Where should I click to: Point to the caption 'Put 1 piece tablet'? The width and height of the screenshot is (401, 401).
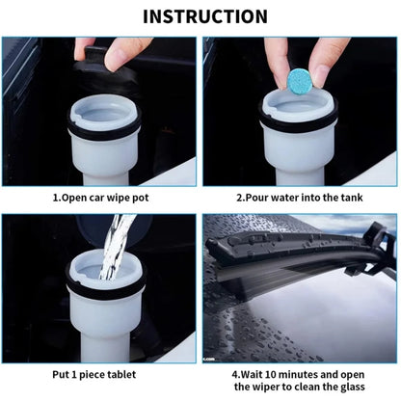[x=102, y=374]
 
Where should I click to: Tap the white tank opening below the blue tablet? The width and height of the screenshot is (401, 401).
[x=299, y=114]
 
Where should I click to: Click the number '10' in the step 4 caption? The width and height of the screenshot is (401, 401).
[x=271, y=374]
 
